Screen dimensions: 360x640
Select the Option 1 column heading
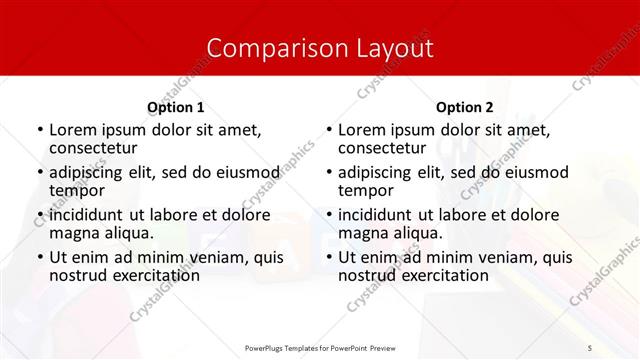tap(175, 107)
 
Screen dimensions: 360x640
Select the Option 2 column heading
tap(464, 107)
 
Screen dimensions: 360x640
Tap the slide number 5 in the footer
tap(590, 347)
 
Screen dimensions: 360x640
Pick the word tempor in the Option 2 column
tap(364, 190)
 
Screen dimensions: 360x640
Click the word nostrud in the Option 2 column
tap(367, 275)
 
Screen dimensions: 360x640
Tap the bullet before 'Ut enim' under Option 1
tap(39, 257)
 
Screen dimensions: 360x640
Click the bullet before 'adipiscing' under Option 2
tap(328, 172)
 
